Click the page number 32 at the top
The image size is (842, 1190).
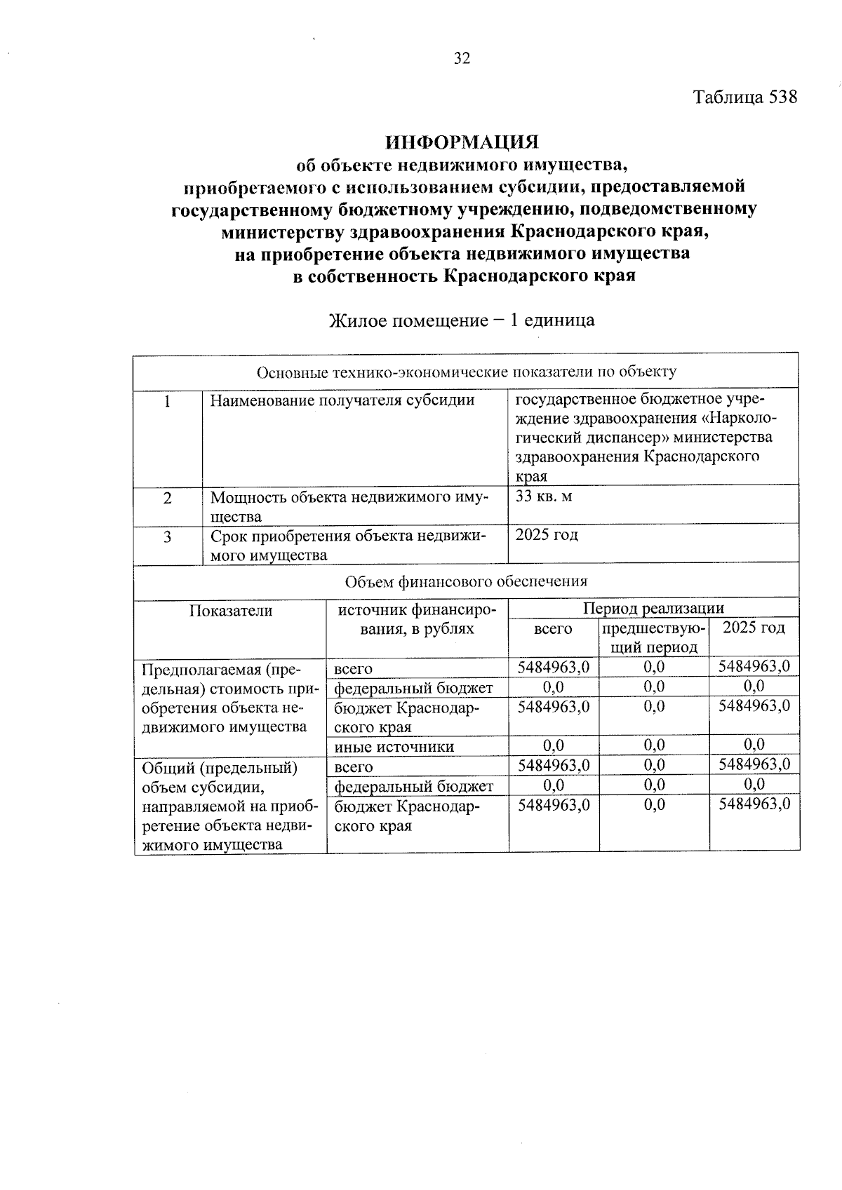tap(462, 59)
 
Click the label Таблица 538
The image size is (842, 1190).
tap(745, 97)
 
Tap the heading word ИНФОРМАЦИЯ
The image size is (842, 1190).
tap(462, 142)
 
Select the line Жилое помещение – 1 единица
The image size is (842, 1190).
tap(462, 320)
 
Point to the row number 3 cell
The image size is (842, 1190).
tap(167, 537)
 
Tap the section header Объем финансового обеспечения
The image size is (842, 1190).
tap(466, 581)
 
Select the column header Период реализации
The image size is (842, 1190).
tap(653, 608)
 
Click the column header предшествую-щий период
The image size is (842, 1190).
tap(653, 637)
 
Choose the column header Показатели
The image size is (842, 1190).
tap(230, 611)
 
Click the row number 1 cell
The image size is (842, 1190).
tap(167, 401)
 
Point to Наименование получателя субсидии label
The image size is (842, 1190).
tap(342, 401)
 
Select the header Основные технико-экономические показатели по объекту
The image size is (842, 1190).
tap(466, 372)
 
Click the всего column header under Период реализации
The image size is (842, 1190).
tap(553, 629)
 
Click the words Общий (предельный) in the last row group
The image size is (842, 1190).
tap(220, 769)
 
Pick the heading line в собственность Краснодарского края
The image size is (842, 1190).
tap(464, 276)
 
